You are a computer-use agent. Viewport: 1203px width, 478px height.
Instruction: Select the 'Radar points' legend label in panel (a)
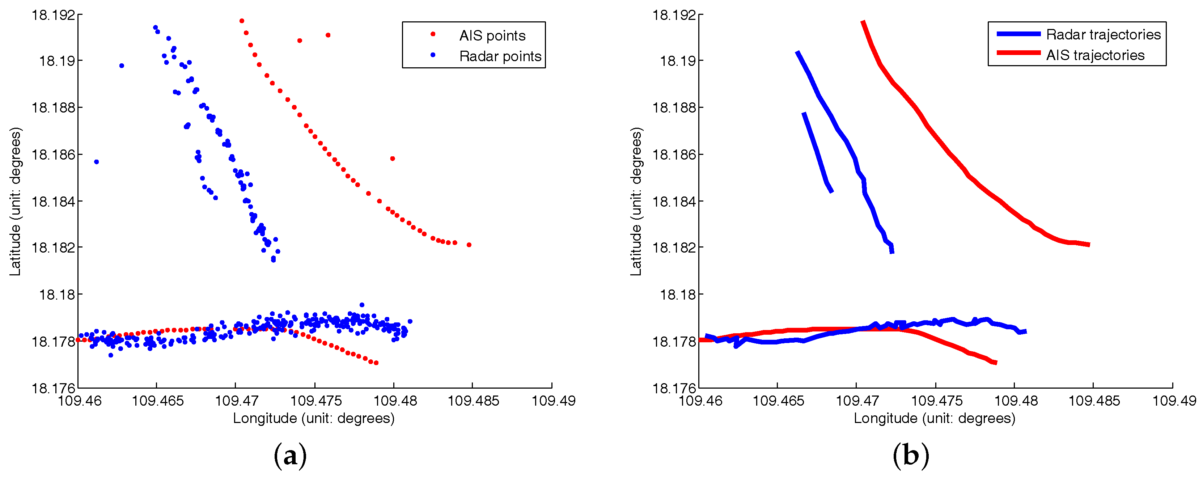tap(500, 56)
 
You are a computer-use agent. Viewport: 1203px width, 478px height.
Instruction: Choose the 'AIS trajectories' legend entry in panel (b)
tap(1095, 55)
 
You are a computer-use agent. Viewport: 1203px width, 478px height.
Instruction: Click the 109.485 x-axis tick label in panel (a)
tap(473, 401)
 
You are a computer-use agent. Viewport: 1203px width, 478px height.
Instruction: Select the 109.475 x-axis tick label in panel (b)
tap(936, 401)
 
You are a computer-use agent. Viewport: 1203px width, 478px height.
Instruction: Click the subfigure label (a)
tap(290, 456)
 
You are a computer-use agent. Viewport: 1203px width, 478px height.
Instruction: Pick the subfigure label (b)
tap(910, 456)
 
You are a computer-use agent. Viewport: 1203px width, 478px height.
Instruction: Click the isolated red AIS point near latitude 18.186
tap(392, 158)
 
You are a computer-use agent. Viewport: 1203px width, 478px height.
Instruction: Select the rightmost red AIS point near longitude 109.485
tap(469, 245)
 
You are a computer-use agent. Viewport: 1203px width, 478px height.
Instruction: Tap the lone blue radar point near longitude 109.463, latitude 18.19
tap(122, 65)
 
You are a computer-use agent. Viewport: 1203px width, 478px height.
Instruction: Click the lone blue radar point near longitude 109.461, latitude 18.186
tap(96, 162)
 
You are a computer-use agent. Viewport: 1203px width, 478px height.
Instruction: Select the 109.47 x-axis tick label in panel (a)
tap(236, 401)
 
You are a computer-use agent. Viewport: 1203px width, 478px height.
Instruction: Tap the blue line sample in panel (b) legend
tap(1018, 34)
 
